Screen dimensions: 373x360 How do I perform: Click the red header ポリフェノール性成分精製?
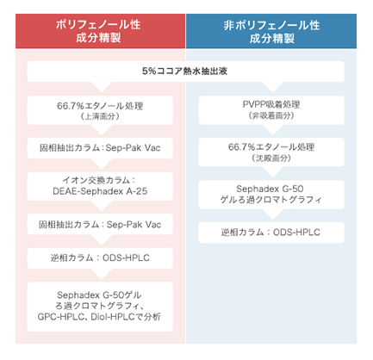pos(100,31)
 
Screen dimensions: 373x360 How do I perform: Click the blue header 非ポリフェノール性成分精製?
pos(271,31)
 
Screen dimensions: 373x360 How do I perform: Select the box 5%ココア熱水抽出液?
pos(185,71)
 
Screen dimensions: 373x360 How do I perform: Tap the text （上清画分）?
pos(100,116)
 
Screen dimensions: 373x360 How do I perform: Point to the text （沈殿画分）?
pos(271,158)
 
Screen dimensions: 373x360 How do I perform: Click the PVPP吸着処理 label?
pos(271,104)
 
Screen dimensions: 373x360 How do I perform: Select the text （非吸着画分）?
pos(271,115)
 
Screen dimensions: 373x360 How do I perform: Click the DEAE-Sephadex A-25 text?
pos(100,191)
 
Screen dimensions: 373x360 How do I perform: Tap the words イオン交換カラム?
pos(96,180)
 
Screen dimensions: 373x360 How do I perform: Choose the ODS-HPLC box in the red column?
pos(100,258)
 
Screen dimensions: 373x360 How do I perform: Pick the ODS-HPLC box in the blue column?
pos(271,233)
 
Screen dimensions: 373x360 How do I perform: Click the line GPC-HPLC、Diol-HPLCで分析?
pos(99,317)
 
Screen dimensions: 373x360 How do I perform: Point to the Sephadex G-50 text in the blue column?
pos(270,189)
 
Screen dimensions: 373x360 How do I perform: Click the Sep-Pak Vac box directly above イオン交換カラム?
pos(100,148)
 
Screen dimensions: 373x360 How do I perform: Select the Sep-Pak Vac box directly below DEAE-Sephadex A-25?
pos(100,224)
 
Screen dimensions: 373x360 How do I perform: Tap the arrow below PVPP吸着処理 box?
pos(273,129)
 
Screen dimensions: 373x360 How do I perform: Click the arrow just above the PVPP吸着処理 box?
pos(273,87)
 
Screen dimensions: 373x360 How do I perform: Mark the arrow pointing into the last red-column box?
pos(102,274)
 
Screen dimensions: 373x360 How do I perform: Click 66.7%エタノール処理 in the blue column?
pos(271,147)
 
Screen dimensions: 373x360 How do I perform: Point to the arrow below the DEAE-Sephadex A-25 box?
pos(102,206)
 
